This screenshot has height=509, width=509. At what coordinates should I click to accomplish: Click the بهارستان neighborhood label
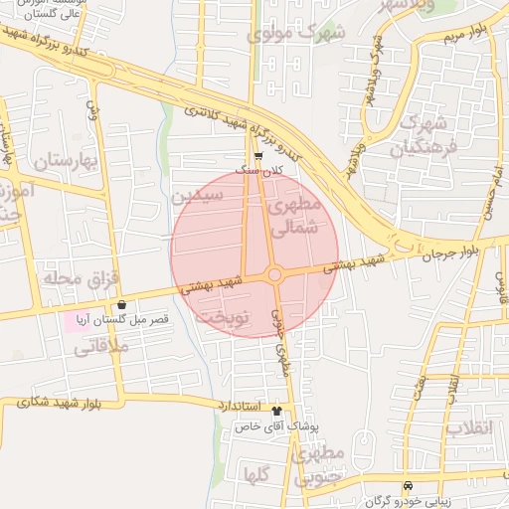click(68, 161)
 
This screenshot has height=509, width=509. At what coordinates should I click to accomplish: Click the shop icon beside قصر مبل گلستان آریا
click(121, 305)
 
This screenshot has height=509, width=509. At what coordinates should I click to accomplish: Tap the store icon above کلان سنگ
click(258, 156)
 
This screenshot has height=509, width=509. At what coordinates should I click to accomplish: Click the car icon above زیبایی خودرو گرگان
click(408, 485)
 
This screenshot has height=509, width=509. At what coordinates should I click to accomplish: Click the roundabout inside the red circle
click(275, 274)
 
